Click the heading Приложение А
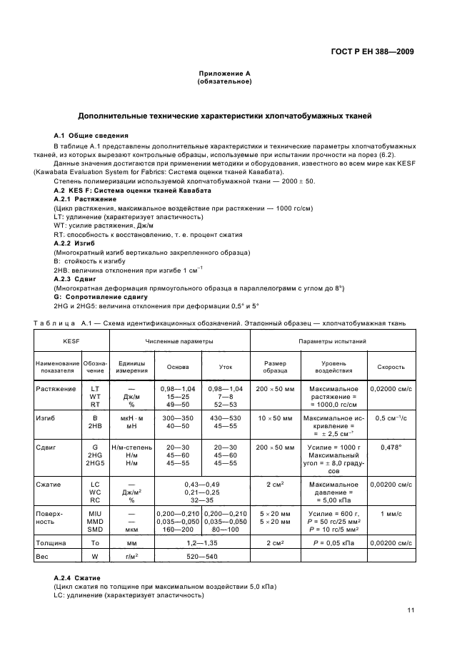(224, 74)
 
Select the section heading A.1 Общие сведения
(91, 136)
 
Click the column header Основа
(178, 367)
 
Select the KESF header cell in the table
(71, 342)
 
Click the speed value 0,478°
(391, 447)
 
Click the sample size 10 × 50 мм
(275, 417)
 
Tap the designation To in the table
(94, 542)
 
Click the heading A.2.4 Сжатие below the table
(78, 577)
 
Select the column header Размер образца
(275, 367)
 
